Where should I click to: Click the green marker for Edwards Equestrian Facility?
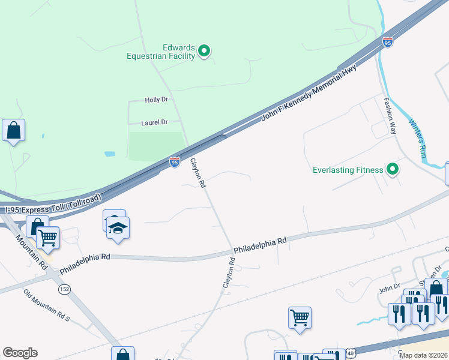click(x=204, y=51)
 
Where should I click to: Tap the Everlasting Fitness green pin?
click(x=393, y=170)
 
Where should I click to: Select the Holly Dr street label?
click(x=157, y=100)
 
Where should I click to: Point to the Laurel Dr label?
click(x=154, y=122)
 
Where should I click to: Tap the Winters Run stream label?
click(x=418, y=139)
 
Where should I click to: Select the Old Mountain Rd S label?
click(x=47, y=305)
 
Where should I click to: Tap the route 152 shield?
click(x=63, y=290)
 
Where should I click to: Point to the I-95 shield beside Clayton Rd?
click(x=174, y=162)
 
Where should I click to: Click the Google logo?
click(x=20, y=353)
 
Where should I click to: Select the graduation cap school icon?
click(x=118, y=228)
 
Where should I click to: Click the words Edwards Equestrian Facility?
click(x=161, y=52)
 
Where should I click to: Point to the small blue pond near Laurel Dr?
click(x=109, y=154)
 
